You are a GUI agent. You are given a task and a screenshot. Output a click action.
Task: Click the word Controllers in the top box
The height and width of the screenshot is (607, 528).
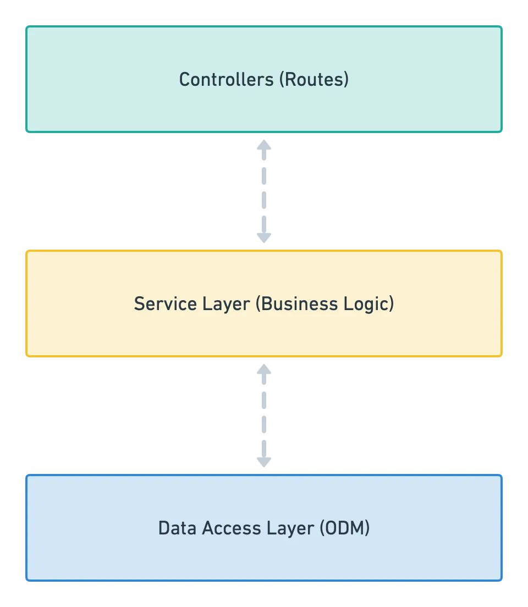226,79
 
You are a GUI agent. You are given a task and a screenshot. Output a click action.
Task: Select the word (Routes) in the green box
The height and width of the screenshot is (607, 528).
314,79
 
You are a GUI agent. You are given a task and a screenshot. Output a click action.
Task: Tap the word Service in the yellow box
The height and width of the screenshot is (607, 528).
166,304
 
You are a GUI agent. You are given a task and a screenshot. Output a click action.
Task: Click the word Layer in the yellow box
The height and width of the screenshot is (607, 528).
226,305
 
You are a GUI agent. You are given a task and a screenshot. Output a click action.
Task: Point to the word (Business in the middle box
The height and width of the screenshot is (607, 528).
296,304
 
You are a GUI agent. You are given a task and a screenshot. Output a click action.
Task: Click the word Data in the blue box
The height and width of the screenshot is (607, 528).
178,528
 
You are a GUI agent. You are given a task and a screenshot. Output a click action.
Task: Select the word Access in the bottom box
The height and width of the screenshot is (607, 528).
232,528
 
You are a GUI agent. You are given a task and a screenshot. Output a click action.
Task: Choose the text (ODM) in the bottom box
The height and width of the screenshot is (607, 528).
345,528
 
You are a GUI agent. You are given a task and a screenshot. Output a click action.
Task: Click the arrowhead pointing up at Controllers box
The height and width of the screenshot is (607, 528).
264,145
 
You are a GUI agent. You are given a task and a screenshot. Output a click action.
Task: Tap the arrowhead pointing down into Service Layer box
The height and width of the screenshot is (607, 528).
264,238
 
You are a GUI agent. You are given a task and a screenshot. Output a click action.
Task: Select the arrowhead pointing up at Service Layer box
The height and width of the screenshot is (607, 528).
264,369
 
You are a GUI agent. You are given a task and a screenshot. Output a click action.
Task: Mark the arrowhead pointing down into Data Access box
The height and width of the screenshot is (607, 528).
264,462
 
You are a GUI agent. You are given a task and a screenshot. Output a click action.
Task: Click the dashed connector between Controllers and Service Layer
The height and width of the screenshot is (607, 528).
264,191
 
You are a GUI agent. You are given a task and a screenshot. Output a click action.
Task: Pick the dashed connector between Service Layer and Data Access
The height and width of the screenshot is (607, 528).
264,416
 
